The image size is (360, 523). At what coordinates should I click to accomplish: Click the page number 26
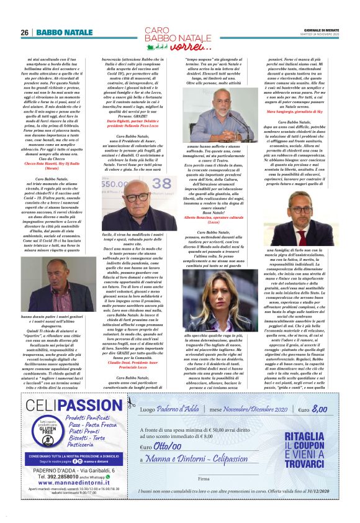[24, 32]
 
